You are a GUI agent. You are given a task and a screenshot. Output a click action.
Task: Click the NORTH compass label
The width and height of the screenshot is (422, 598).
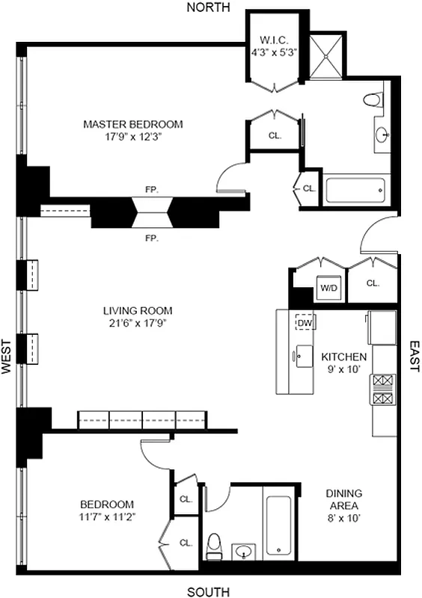pos(208,7)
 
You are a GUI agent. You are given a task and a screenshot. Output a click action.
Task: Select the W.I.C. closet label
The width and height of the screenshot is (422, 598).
pos(273,40)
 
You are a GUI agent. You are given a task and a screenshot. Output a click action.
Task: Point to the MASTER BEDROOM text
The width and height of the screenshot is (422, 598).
pos(133,124)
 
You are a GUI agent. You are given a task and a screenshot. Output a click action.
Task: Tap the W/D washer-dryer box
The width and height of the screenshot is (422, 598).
pos(328,287)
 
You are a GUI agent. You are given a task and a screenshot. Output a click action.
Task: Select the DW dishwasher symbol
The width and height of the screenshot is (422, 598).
pos(305,322)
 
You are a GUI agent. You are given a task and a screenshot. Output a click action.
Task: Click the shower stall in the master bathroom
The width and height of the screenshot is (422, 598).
pos(324,56)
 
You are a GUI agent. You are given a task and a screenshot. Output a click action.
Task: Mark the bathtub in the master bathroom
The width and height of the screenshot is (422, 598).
pos(356,190)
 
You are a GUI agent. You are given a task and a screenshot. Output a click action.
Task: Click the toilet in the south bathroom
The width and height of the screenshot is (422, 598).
pos(214,545)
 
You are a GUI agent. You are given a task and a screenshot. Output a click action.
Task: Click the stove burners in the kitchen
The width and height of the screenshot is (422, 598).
pos(382,389)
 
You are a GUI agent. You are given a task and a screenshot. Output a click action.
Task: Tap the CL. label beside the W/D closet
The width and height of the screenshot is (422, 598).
pos(373,283)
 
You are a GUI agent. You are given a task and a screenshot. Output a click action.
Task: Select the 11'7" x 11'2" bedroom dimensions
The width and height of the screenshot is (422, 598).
pos(107,517)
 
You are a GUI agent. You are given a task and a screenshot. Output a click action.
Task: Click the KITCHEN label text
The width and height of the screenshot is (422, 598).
pos(344,357)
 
